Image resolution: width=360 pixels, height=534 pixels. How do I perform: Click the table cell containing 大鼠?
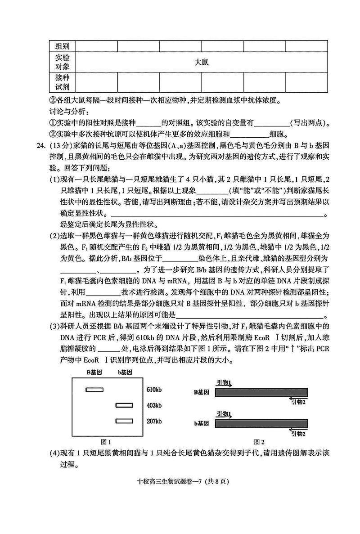pyautogui.click(x=202, y=63)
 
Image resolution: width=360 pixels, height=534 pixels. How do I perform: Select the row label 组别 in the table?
pyautogui.click(x=63, y=46)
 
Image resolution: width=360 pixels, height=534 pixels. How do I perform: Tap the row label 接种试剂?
pyautogui.click(x=63, y=82)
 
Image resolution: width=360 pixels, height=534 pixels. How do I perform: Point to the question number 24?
pyautogui.click(x=42, y=146)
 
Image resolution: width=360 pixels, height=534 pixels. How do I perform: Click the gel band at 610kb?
pyautogui.click(x=94, y=390)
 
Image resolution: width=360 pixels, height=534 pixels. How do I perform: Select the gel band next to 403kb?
pyautogui.click(x=124, y=405)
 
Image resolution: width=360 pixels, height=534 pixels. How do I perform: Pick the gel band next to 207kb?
pyautogui.click(x=124, y=421)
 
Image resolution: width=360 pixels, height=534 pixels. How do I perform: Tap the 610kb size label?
pyautogui.click(x=154, y=390)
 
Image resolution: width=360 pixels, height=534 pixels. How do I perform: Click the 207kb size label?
pyautogui.click(x=154, y=421)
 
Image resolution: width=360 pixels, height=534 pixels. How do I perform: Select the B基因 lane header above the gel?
pyautogui.click(x=95, y=372)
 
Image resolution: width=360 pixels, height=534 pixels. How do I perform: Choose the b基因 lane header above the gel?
pyautogui.click(x=125, y=372)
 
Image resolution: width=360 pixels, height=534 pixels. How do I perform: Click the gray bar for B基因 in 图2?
pyautogui.click(x=261, y=392)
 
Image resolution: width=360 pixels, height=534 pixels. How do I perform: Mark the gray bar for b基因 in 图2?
pyautogui.click(x=261, y=423)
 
